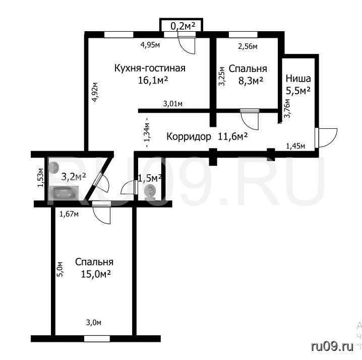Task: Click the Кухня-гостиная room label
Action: click(x=150, y=68)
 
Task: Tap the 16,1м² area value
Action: click(x=153, y=81)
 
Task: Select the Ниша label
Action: click(x=298, y=79)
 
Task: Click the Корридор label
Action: click(x=189, y=137)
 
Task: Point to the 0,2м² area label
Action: click(x=183, y=26)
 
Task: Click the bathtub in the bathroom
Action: click(x=64, y=193)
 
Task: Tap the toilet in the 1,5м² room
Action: click(x=150, y=192)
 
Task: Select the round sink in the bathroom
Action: click(x=54, y=167)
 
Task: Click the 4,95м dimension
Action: click(x=150, y=45)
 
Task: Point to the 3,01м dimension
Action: click(x=173, y=104)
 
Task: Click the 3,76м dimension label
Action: click(x=287, y=108)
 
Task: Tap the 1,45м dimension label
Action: click(x=295, y=146)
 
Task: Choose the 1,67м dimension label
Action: click(x=69, y=214)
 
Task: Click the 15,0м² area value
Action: click(x=96, y=274)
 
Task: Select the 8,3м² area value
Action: click(x=251, y=81)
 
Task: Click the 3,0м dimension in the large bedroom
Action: click(x=93, y=323)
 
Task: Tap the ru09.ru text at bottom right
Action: click(x=332, y=346)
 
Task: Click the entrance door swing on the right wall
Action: click(x=326, y=138)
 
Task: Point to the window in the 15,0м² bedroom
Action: click(x=97, y=339)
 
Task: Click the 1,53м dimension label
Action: click(x=41, y=178)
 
